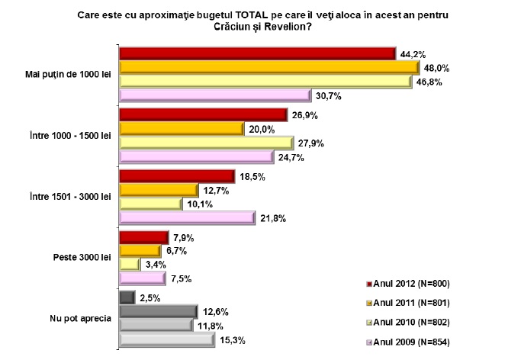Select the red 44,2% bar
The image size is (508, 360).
258,53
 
